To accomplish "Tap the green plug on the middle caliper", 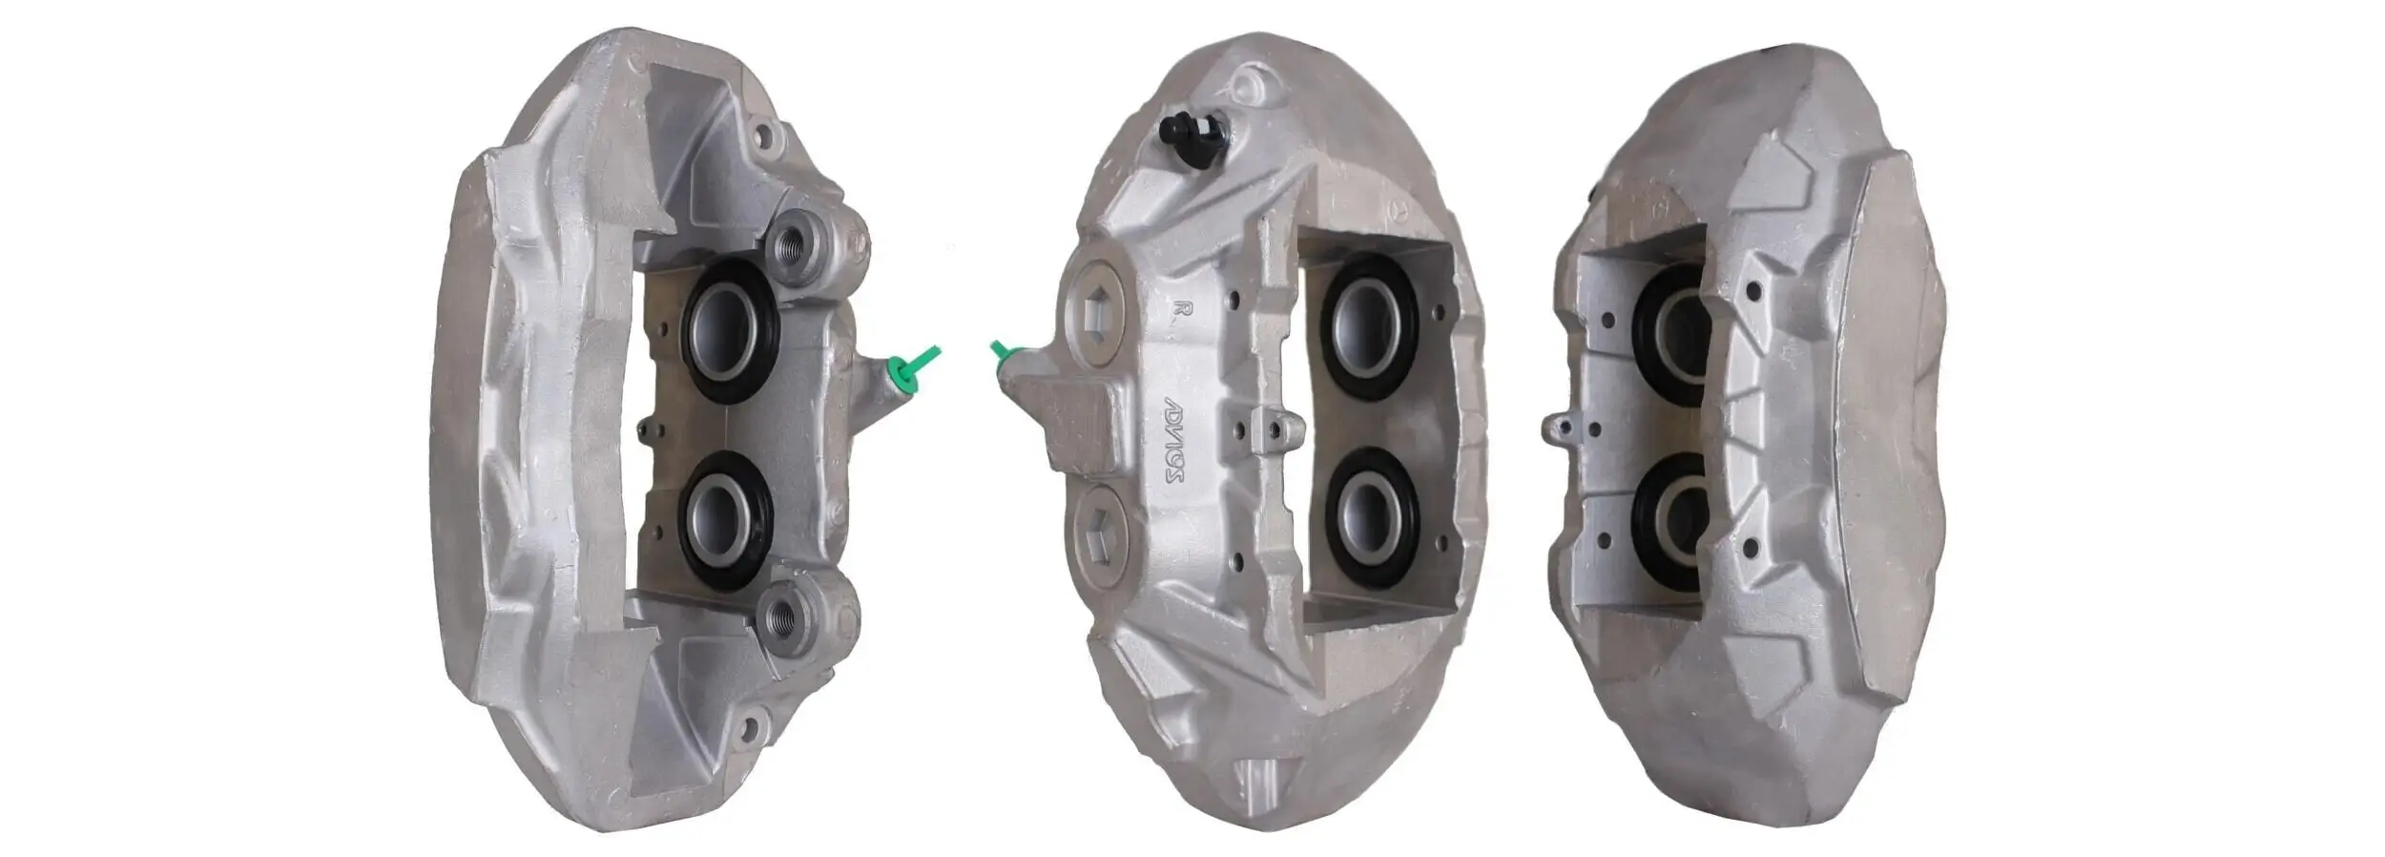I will coord(1002,355).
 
